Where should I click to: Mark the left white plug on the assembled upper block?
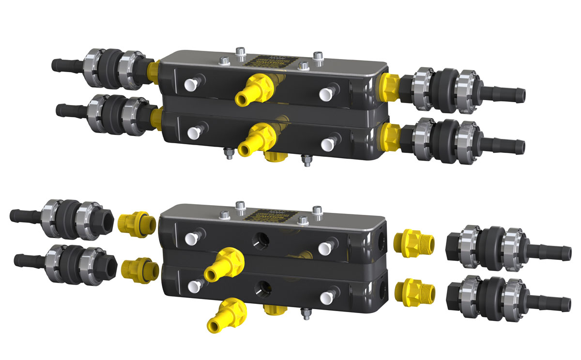(189, 84)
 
